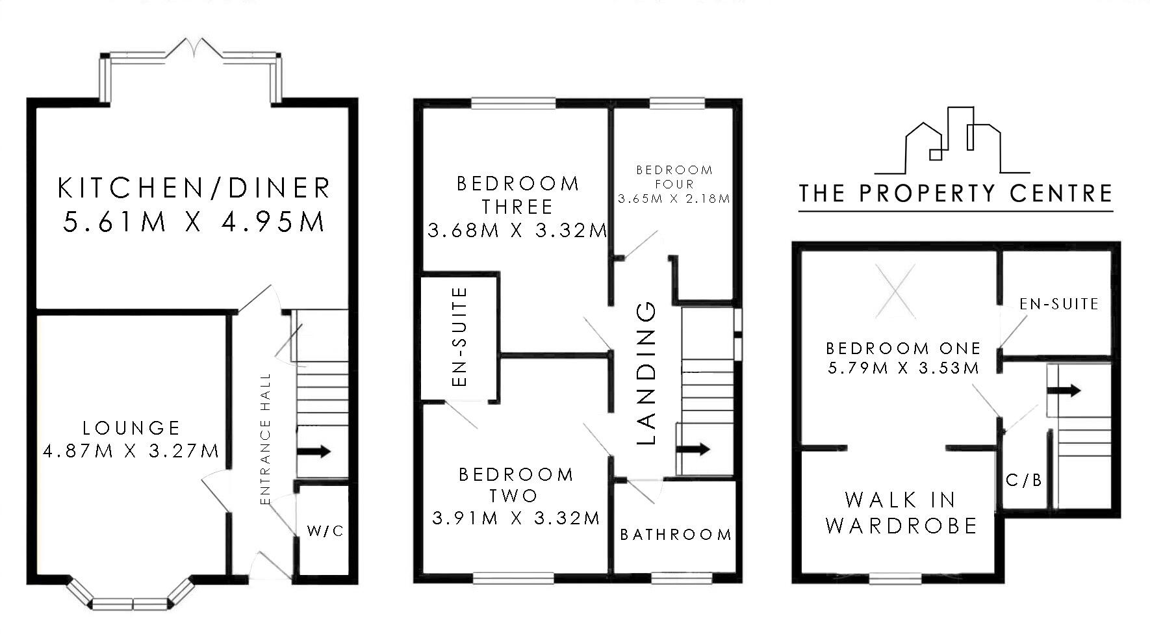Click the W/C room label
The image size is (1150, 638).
point(325,531)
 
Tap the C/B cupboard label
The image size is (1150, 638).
point(1024,480)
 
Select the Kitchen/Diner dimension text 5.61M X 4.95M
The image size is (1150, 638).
point(194,222)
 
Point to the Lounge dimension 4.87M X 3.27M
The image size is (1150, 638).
point(131,450)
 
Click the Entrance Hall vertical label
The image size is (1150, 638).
point(264,439)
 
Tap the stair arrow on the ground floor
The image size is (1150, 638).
point(314,451)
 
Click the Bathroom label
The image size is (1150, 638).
point(676,535)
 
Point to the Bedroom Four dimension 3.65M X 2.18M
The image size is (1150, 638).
point(674,199)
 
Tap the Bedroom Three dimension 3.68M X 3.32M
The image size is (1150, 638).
point(517,230)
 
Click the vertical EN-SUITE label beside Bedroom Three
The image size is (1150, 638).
point(459,337)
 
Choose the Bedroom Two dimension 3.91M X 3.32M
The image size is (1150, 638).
point(516,518)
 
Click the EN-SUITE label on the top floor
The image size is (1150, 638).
point(1059,303)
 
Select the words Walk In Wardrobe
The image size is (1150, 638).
point(901,513)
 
